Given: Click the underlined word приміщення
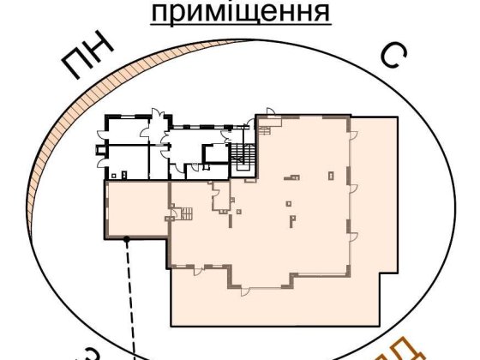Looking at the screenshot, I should (240, 13).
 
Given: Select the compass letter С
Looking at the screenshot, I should (391, 56).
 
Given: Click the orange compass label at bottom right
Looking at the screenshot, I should (398, 351).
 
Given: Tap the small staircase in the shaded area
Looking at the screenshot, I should (183, 213).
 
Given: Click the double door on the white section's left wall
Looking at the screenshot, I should (102, 154).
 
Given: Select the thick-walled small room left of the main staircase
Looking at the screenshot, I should (212, 156).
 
